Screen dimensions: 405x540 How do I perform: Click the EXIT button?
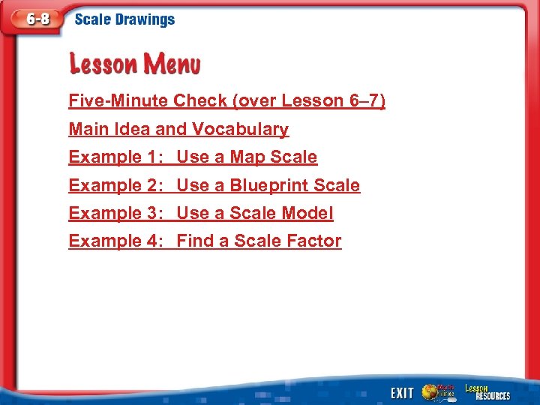[x=402, y=392]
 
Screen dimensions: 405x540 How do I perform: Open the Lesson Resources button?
[x=487, y=391]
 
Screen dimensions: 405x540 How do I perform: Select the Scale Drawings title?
[x=124, y=20]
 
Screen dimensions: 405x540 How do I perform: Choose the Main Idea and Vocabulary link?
[x=178, y=129]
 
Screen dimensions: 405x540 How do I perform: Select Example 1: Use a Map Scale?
[x=193, y=157]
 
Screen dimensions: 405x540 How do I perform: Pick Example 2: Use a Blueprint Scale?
[x=214, y=185]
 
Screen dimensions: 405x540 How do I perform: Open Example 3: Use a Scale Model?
[x=200, y=213]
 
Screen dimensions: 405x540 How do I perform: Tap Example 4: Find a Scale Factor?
[x=205, y=241]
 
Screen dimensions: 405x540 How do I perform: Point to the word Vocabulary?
[x=240, y=129]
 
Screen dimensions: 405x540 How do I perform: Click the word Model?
[x=307, y=213]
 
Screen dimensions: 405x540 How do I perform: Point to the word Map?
[x=247, y=157]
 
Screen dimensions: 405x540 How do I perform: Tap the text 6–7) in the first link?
[x=367, y=100]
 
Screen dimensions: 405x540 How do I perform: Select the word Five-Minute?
[x=118, y=100]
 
